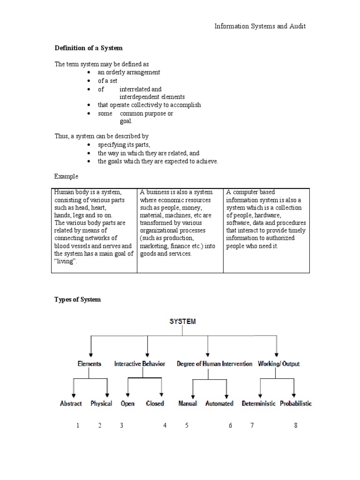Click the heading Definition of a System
click(x=89, y=48)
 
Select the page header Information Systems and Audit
click(x=260, y=26)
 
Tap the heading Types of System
click(x=77, y=300)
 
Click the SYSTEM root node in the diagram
click(x=182, y=322)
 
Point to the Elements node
click(x=89, y=364)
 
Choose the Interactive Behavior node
click(x=140, y=364)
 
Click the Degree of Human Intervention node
click(x=214, y=364)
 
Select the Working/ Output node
click(x=279, y=364)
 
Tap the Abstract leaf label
click(x=71, y=403)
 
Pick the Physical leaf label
click(x=101, y=403)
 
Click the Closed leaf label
click(x=155, y=403)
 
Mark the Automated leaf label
click(x=219, y=403)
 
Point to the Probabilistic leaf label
click(x=296, y=403)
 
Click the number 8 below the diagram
click(x=296, y=426)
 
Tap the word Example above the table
click(x=66, y=177)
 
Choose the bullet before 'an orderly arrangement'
click(x=89, y=73)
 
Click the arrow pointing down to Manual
click(x=193, y=389)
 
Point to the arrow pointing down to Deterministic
click(x=260, y=389)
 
